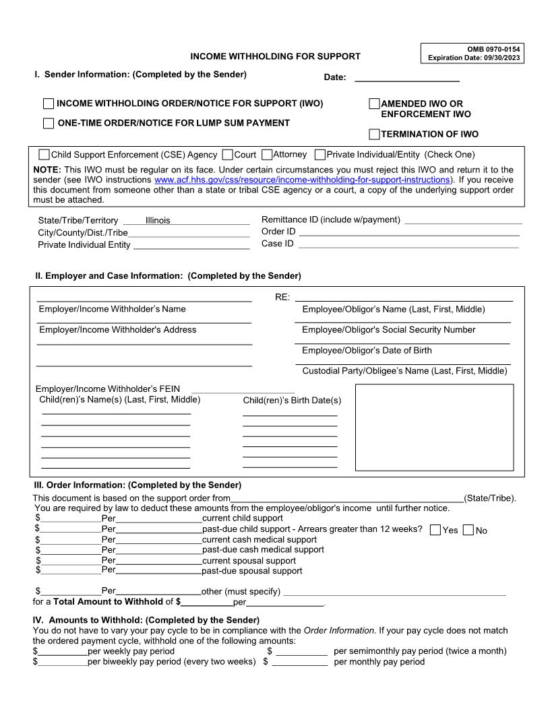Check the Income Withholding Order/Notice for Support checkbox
pos(49,104)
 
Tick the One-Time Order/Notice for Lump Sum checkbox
pos(49,123)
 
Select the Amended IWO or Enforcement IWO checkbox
pos(374,104)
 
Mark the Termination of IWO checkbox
pos(374,134)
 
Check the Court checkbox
pos(227,155)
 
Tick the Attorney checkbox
pos(267,155)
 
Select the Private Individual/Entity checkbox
pos(320,155)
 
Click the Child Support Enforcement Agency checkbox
pos(44,155)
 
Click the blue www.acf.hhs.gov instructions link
pos(301,180)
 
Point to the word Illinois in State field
pos(158,220)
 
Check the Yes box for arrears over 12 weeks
pos(435,530)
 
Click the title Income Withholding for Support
pos(275,57)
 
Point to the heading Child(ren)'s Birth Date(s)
pos(292,401)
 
